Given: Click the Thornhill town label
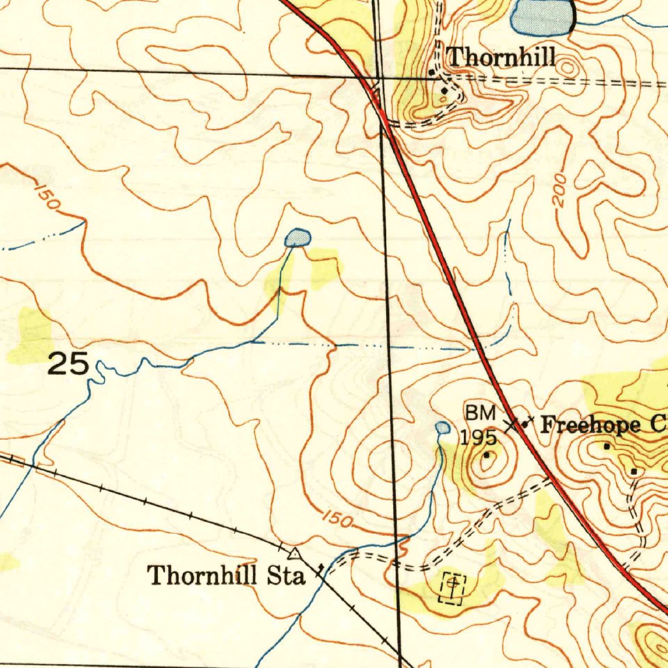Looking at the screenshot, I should pos(501,57).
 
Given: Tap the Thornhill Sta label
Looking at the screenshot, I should pos(226,576).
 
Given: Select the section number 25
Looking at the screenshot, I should pos(68,365).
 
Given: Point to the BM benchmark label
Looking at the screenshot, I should pos(480,413).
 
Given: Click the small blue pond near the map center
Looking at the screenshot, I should pos(297,237).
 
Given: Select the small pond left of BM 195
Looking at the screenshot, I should pos(442,428).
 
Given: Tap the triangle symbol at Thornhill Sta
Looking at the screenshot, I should pos(296,554).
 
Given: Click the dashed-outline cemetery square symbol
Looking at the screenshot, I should pos(453,587).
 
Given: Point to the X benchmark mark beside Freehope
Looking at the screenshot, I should pos(513,425).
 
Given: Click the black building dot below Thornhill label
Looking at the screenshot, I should pos(445,90).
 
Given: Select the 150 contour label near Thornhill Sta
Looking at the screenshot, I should pos(338,520).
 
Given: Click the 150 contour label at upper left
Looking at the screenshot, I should pos(46,197).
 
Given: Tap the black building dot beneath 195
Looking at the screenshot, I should pos(486,455).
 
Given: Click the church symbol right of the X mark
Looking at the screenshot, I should pos(526,423).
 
